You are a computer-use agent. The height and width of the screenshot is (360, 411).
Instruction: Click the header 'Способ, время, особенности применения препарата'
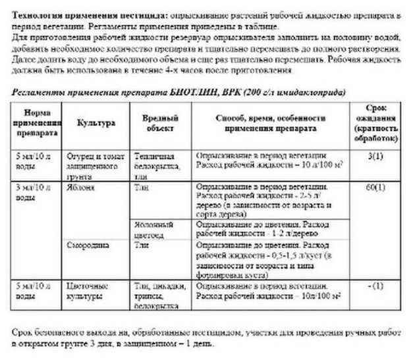271,122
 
